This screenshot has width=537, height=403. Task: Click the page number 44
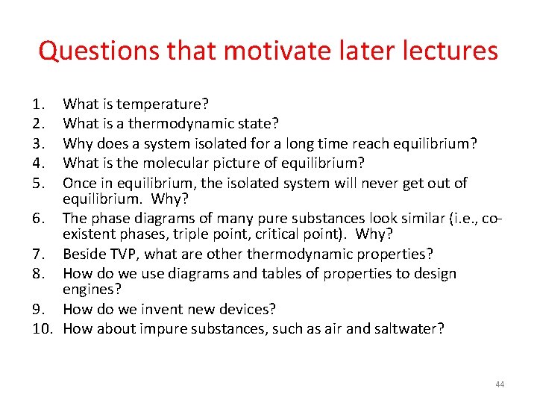[x=500, y=384]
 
